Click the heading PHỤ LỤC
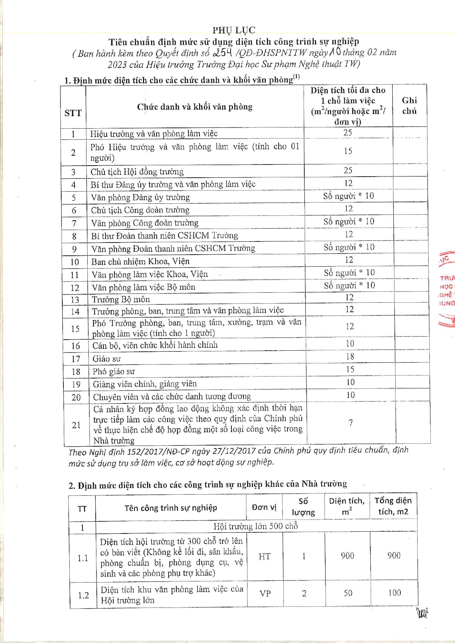click(x=234, y=30)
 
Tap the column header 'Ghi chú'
click(x=409, y=106)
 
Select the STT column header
click(x=73, y=113)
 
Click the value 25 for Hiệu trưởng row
click(x=348, y=133)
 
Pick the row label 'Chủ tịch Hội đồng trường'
click(x=137, y=172)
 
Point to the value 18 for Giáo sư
click(x=350, y=356)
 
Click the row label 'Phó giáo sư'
click(x=114, y=372)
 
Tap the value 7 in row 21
click(x=351, y=423)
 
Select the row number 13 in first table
click(x=75, y=300)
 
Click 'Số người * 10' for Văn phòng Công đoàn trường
click(x=349, y=221)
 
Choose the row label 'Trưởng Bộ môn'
click(x=121, y=300)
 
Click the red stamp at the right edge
click(x=447, y=289)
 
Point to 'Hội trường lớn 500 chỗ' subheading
click(x=256, y=526)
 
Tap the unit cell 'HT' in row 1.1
click(x=264, y=557)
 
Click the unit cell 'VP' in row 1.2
click(x=265, y=594)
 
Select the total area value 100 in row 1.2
click(x=395, y=593)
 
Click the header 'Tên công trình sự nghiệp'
click(x=170, y=508)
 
